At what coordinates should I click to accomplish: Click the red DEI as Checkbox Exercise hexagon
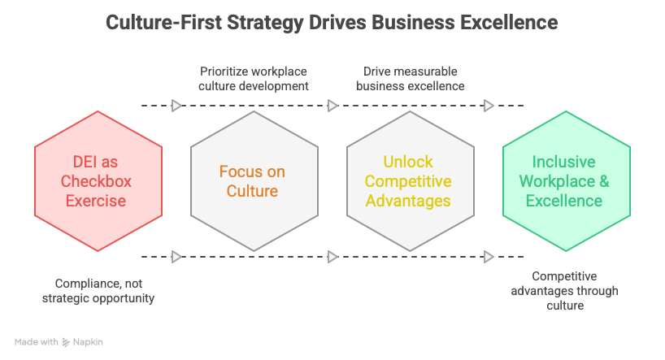(98, 180)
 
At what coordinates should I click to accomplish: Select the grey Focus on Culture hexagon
(254, 180)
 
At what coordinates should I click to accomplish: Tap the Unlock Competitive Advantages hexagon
(410, 180)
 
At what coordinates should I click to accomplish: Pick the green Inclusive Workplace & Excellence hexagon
(566, 180)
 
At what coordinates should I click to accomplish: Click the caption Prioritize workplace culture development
(254, 78)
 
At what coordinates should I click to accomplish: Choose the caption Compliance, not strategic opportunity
(104, 291)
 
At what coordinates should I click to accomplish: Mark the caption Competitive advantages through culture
(564, 291)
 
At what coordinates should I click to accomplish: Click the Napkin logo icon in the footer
(66, 342)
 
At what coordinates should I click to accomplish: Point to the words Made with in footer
(36, 342)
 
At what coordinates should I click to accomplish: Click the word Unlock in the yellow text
(409, 162)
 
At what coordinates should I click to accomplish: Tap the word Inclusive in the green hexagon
(564, 162)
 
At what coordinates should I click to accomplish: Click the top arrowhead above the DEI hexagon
(176, 106)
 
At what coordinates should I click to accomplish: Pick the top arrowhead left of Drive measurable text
(332, 106)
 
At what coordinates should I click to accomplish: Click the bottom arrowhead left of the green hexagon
(489, 257)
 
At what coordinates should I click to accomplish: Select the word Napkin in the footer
(88, 342)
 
